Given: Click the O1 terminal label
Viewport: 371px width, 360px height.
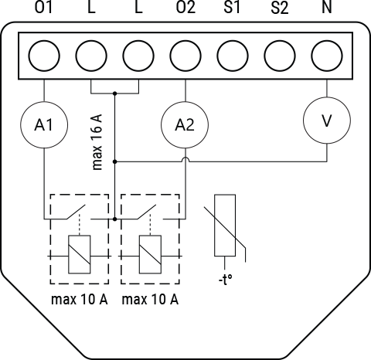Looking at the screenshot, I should point(43,8).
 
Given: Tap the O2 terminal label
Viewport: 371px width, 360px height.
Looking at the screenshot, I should point(185,8).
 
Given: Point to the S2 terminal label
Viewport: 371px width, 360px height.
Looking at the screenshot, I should point(280,8).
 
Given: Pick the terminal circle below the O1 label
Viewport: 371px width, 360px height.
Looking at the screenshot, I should point(44,55).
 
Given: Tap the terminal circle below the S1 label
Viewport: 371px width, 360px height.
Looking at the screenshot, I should point(233,55).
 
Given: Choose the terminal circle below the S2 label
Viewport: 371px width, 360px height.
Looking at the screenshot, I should point(280,55).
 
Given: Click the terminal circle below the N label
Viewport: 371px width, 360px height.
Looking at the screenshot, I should point(327,55).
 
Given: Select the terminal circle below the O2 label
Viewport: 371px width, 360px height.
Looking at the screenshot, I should point(185,55).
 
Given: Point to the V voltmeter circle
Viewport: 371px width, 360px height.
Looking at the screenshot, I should point(327,120).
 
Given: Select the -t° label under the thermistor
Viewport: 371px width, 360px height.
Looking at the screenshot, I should point(225,279).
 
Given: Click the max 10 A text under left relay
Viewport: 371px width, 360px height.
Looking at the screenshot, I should point(79,300).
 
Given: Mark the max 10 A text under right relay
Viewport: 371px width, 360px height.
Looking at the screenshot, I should point(151,300).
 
